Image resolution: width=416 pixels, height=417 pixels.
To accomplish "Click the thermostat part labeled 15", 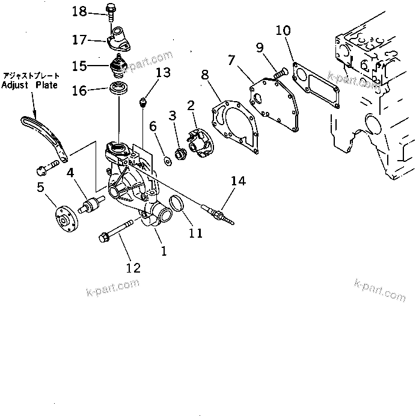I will tap(120, 66).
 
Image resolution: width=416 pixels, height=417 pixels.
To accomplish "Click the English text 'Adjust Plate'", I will tap(29, 85).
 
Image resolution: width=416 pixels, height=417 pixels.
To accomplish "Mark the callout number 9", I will tap(259, 47).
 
